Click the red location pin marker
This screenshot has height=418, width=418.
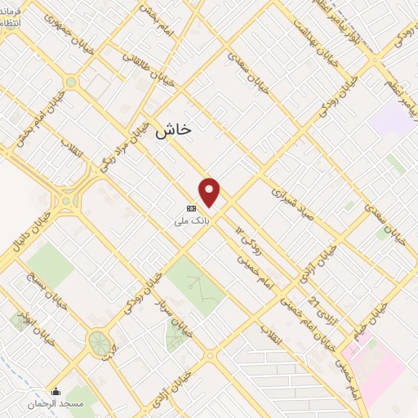pos(211,192)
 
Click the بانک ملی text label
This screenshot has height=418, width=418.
pos(189,220)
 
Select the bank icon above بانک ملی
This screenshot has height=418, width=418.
pos(189,207)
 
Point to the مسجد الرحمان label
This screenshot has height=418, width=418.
pos(56,403)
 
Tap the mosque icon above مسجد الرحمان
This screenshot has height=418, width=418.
pos(56,390)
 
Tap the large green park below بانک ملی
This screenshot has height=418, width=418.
pos(196,286)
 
